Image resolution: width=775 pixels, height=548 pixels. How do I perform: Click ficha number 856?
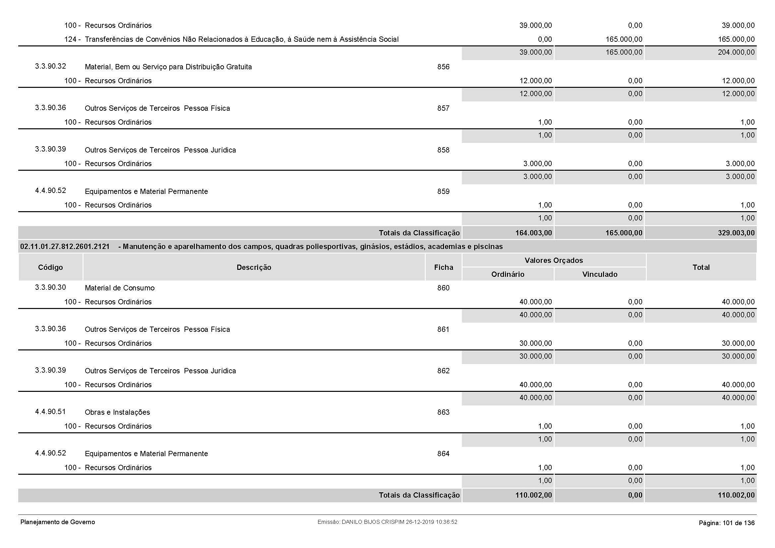(x=443, y=67)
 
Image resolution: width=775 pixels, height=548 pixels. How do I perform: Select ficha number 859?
(x=443, y=191)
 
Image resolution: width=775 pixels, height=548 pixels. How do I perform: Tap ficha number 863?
(x=443, y=412)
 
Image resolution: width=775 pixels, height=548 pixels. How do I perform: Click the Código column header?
(x=50, y=268)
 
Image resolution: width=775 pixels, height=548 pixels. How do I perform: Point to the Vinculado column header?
(x=600, y=274)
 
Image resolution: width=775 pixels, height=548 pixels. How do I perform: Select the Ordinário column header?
(x=508, y=274)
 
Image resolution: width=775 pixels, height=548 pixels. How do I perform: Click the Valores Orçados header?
(x=554, y=260)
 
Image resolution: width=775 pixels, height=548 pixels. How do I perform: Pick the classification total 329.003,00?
(x=736, y=233)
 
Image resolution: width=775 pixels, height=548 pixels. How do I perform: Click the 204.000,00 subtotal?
(x=736, y=52)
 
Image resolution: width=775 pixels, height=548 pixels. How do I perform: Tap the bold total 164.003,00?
(x=533, y=233)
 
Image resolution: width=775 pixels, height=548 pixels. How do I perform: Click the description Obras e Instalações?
(x=117, y=412)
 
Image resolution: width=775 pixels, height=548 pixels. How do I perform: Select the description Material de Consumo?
(x=120, y=288)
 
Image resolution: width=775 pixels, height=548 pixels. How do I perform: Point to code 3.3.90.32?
(x=50, y=66)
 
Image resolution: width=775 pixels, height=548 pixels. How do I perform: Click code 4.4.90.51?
(x=50, y=412)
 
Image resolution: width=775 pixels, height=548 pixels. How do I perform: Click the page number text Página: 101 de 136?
(x=726, y=523)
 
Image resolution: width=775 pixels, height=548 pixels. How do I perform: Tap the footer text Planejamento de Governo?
(x=58, y=522)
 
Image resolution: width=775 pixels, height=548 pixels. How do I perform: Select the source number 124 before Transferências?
(x=70, y=39)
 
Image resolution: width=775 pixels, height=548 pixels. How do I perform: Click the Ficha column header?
(x=444, y=268)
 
